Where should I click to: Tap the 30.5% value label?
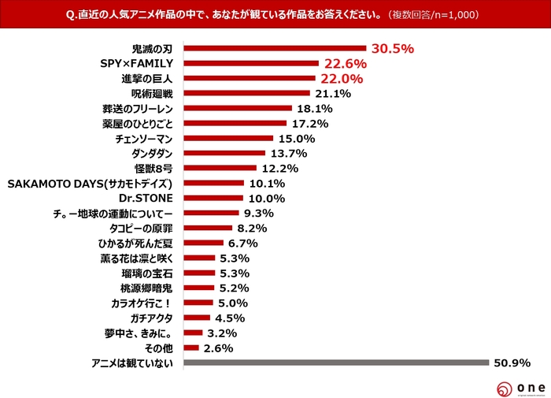[x=392, y=48]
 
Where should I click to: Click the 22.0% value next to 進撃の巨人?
[x=341, y=78]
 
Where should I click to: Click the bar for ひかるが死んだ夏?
[x=203, y=243]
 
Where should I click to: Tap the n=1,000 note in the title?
[x=450, y=15]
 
